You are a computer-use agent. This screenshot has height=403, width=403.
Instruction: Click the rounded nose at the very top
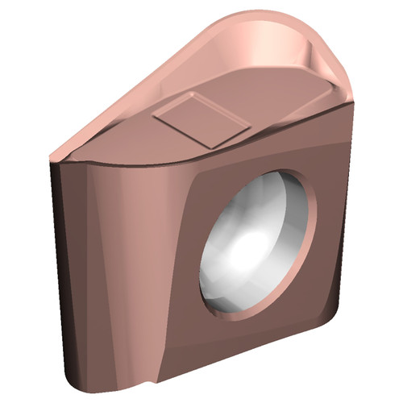[x=282, y=20]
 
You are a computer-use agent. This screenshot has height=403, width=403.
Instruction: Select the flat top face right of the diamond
[x=282, y=105]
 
